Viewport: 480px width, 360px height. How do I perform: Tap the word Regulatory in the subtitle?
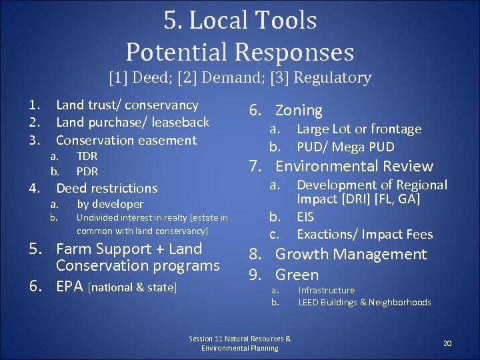pyautogui.click(x=333, y=78)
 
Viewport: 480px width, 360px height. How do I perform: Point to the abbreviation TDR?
pyautogui.click(x=87, y=156)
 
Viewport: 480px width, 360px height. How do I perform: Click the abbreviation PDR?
pyautogui.click(x=87, y=171)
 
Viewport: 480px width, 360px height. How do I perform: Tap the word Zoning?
pyautogui.click(x=299, y=111)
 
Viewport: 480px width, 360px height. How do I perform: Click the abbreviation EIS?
pyautogui.click(x=305, y=217)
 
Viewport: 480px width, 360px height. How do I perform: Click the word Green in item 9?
pyautogui.click(x=297, y=275)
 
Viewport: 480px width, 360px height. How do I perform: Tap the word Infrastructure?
pyautogui.click(x=327, y=290)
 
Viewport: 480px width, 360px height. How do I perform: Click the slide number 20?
pyautogui.click(x=447, y=343)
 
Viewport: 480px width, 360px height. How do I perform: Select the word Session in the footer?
pyautogui.click(x=201, y=339)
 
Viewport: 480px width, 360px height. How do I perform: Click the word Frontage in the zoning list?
pyautogui.click(x=397, y=129)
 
